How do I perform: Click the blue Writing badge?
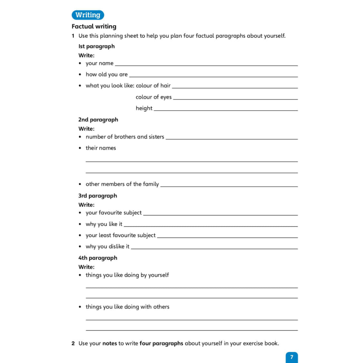click(x=88, y=15)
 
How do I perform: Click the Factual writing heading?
click(x=94, y=26)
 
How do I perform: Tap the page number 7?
click(x=292, y=357)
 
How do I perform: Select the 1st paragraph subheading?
click(x=96, y=46)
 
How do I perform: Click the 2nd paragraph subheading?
click(x=98, y=119)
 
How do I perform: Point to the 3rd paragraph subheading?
click(x=97, y=196)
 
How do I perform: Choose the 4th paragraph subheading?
click(x=97, y=258)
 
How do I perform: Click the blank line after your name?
click(x=206, y=65)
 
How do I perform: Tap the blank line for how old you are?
click(x=213, y=77)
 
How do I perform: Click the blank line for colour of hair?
click(x=235, y=88)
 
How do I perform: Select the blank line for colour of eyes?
click(x=235, y=99)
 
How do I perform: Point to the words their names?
click(x=101, y=148)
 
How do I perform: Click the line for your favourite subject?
click(x=220, y=215)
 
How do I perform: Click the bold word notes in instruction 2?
click(x=110, y=343)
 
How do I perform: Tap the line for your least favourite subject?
click(x=227, y=238)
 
